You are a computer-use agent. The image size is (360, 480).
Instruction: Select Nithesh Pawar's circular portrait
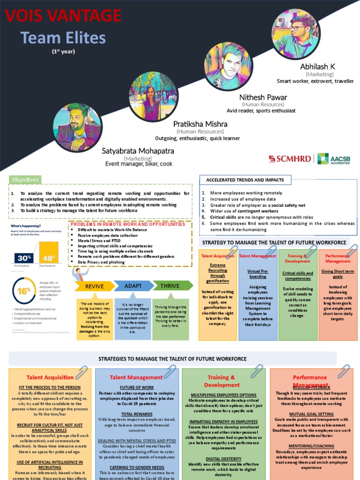coord(228,66)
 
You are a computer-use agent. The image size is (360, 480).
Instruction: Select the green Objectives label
coord(25,180)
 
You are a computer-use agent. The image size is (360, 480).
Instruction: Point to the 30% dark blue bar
coord(24,258)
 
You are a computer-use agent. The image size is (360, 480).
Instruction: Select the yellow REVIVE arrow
coord(94,286)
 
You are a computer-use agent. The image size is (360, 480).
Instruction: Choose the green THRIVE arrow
coord(171,286)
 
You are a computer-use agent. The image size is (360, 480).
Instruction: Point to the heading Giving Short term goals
coord(337,274)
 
